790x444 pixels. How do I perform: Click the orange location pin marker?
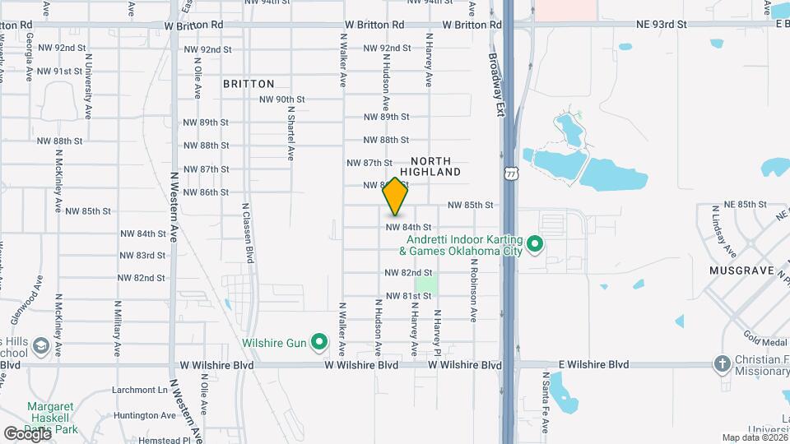point(395,197)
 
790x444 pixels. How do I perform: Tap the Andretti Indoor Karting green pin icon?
point(534,243)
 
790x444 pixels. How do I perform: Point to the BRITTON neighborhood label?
point(249,84)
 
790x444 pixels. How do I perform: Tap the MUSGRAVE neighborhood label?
point(741,271)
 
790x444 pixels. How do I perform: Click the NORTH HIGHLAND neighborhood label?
point(435,166)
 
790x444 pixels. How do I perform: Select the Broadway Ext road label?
point(495,86)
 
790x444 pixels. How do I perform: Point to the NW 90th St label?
point(281,99)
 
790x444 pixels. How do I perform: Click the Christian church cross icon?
point(722,363)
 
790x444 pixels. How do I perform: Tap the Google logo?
point(27,433)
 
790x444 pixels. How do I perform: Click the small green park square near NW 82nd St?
point(425,282)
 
